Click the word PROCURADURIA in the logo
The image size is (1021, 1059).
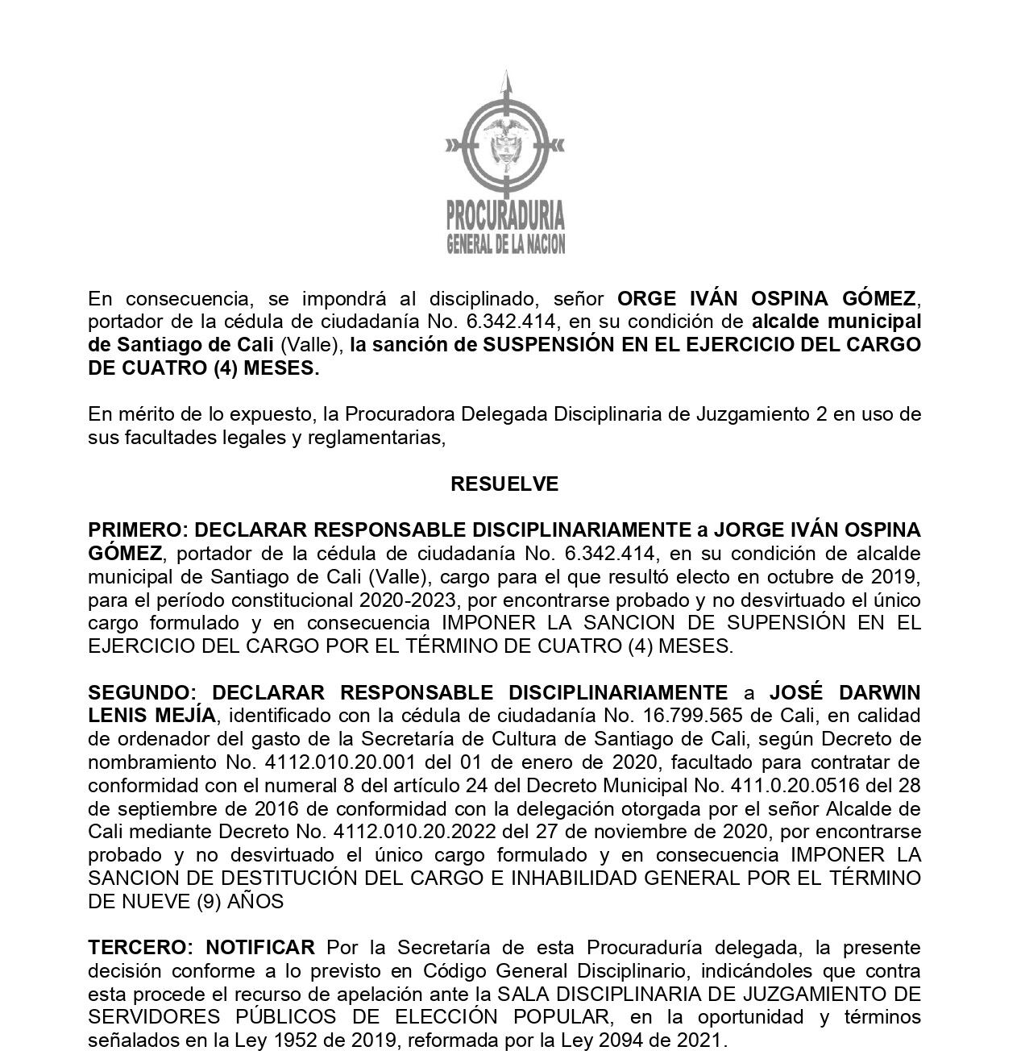coord(505,215)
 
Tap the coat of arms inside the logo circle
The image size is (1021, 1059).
coord(505,144)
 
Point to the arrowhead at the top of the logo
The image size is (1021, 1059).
coord(505,81)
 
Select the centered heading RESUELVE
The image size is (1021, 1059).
coord(504,484)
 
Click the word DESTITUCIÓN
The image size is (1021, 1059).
coord(307,878)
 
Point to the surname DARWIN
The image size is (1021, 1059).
coord(878,693)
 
